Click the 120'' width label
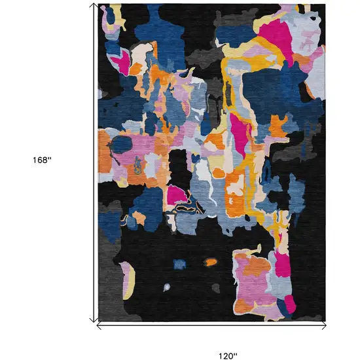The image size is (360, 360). point(227,338)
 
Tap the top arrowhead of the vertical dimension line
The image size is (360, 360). point(92,6)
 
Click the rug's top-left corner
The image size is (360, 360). point(98,4)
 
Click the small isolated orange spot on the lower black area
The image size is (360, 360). point(210,262)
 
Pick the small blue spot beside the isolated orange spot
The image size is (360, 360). point(179,264)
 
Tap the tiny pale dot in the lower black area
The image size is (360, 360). point(167,287)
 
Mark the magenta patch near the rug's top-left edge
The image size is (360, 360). point(121,62)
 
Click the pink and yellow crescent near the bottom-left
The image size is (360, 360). point(126,274)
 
